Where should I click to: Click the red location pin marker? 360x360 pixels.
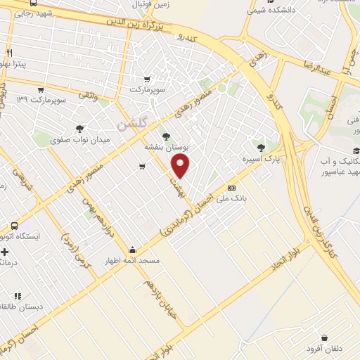click(x=181, y=167)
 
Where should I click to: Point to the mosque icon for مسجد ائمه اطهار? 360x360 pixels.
click(x=132, y=249)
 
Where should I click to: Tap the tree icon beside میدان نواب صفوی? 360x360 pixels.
click(x=79, y=128)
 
